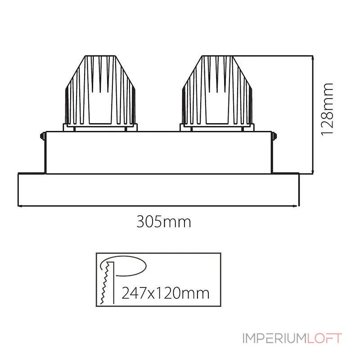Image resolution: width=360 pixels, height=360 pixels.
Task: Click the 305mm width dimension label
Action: (164, 221)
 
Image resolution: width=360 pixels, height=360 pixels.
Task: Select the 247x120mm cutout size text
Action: (166, 293)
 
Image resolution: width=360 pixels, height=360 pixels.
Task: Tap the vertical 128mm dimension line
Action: (313, 115)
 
